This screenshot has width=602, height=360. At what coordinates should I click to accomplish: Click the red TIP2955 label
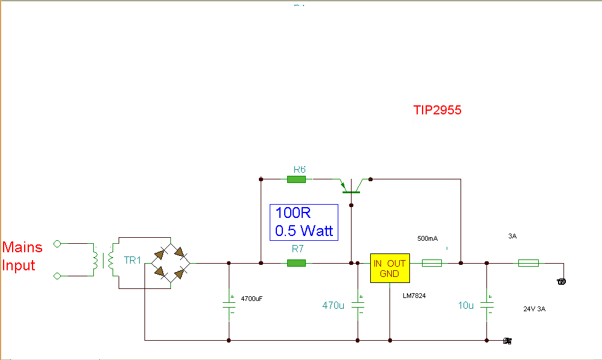pyautogui.click(x=437, y=110)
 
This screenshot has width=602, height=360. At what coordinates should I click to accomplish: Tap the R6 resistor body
pyautogui.click(x=297, y=179)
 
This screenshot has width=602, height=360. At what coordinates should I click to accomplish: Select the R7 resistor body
pyautogui.click(x=297, y=263)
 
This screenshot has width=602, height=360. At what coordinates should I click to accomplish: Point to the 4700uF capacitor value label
pyautogui.click(x=252, y=299)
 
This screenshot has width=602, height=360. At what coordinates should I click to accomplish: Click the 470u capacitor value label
pyautogui.click(x=334, y=305)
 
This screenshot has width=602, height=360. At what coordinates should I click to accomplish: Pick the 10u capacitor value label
pyautogui.click(x=466, y=305)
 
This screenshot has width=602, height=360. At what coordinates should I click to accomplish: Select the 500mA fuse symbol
pyautogui.click(x=432, y=263)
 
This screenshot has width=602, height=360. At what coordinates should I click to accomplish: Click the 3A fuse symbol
pyautogui.click(x=528, y=263)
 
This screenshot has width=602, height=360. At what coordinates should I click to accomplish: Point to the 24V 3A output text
pyautogui.click(x=535, y=309)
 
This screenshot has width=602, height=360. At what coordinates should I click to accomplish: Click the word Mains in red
pyautogui.click(x=22, y=247)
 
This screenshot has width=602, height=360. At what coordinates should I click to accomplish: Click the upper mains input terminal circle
pyautogui.click(x=57, y=244)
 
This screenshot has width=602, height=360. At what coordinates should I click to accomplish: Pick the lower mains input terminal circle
pyautogui.click(x=57, y=276)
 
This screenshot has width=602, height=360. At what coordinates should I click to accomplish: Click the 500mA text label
pyautogui.click(x=427, y=239)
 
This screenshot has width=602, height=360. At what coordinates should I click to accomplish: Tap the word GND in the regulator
pyautogui.click(x=389, y=274)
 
